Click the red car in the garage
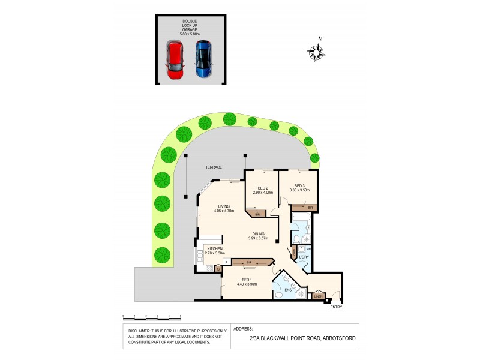click(x=175, y=59)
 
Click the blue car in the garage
click(x=204, y=59)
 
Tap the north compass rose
click(x=316, y=53)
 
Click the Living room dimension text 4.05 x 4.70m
click(x=224, y=211)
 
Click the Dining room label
click(x=259, y=235)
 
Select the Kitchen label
click(x=214, y=248)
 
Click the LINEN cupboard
click(x=318, y=296)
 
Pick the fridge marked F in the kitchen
click(x=226, y=262)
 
